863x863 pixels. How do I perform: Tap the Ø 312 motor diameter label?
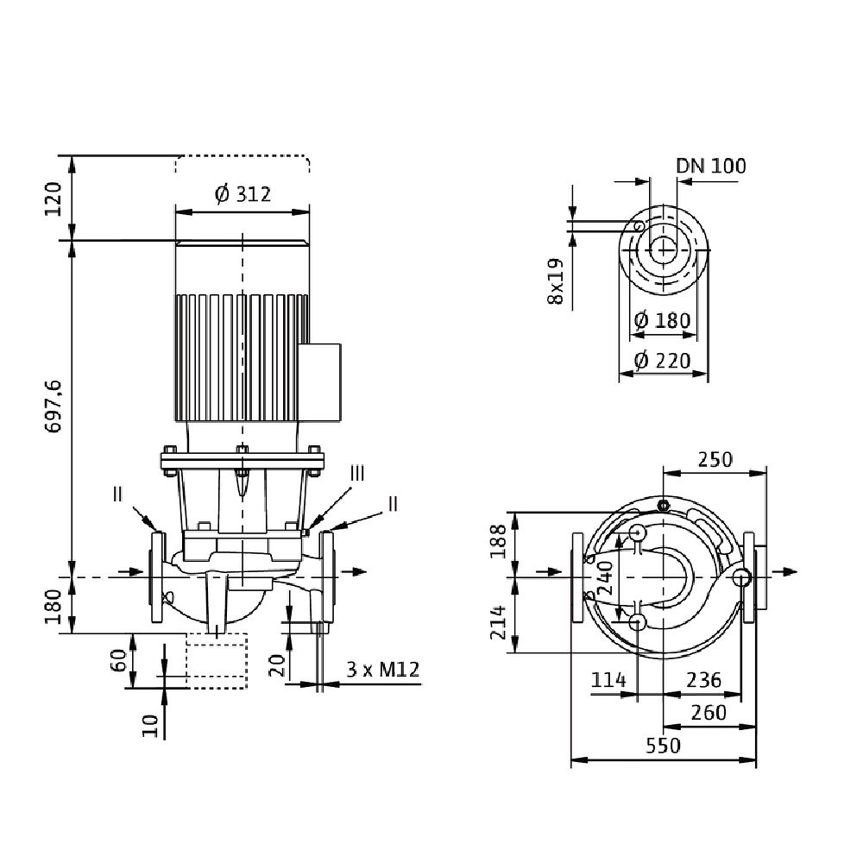(x=243, y=194)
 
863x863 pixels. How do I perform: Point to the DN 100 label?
(x=710, y=166)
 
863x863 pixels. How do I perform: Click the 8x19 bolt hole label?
(x=555, y=281)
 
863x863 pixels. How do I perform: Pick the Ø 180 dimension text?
(x=662, y=320)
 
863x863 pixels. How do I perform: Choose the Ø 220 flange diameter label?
(x=662, y=360)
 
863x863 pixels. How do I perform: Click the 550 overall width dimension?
(x=663, y=746)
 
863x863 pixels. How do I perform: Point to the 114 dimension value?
(x=608, y=680)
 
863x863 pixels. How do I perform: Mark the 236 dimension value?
(x=703, y=680)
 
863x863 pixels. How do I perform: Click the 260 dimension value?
(x=709, y=713)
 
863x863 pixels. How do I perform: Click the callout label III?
(x=358, y=474)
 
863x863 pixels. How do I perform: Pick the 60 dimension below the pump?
(x=119, y=661)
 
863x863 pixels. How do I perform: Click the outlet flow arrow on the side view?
(x=352, y=571)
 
